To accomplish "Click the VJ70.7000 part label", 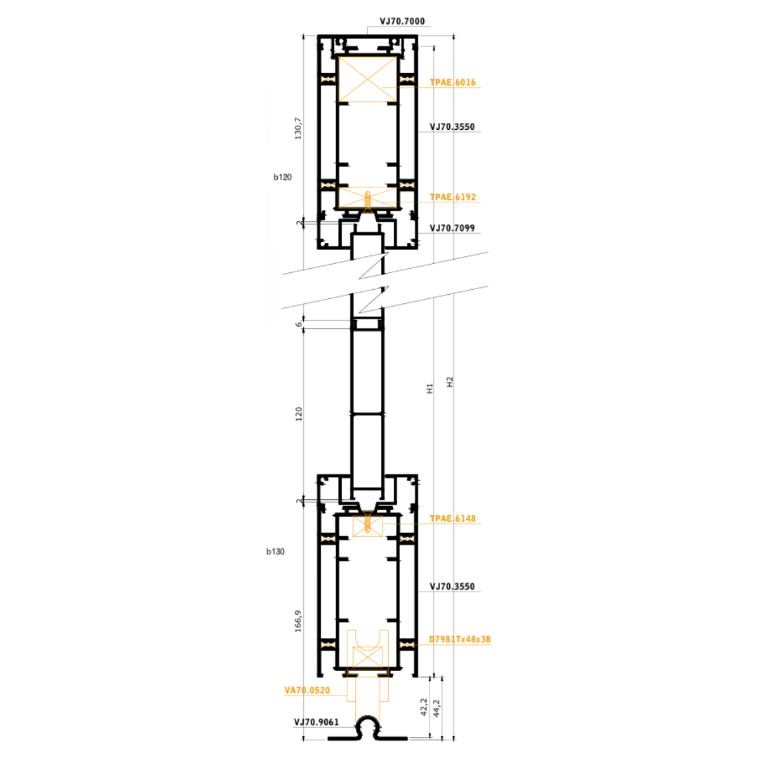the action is click(401, 21).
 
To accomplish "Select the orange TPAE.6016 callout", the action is click(453, 83).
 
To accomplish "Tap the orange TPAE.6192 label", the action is click(453, 197).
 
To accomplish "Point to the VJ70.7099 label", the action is click(452, 228).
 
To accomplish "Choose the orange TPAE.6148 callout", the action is click(453, 519).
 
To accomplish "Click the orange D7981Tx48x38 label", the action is click(460, 639).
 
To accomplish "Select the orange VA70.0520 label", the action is click(307, 691).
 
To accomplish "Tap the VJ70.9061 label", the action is click(316, 722).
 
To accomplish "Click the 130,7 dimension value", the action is click(298, 128).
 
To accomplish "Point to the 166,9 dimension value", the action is click(298, 621).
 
